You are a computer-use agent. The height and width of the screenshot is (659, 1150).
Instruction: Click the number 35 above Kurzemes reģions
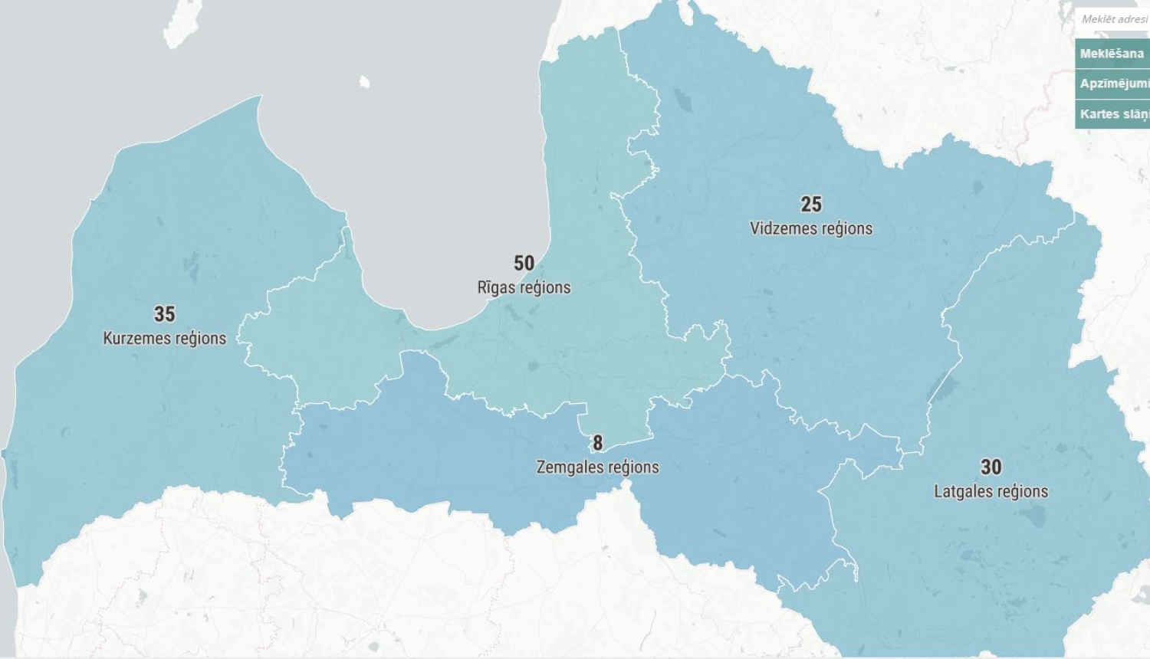pos(164,314)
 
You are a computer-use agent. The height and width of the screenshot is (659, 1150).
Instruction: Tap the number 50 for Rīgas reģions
pos(524,264)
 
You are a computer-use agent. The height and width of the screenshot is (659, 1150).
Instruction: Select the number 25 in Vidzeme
pos(811,205)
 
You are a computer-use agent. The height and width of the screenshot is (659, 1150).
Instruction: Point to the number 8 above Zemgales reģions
pos(597,443)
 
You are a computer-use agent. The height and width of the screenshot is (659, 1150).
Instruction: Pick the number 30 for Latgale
pos(991,467)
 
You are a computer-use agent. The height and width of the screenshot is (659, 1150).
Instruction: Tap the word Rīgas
pos(495,287)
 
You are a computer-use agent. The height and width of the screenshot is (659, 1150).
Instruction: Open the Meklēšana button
pos(1112,54)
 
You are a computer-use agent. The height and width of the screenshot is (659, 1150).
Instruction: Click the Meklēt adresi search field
pos(1114,19)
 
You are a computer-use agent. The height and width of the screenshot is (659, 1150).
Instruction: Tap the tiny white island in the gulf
pos(364,81)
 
